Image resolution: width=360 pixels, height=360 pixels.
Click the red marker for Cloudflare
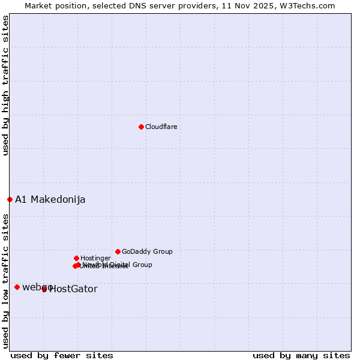tap(141, 127)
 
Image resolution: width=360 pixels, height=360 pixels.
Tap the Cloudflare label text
tap(161, 127)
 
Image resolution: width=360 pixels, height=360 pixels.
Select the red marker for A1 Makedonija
tap(10, 199)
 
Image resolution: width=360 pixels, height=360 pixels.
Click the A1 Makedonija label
tap(50, 199)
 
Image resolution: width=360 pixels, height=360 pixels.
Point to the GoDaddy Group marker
tap(118, 251)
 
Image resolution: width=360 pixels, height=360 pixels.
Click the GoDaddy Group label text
tap(147, 251)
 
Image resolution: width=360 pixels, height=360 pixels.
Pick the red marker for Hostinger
tap(76, 258)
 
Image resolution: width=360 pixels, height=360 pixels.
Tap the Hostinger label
tap(95, 258)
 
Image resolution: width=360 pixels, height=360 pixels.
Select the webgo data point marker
tap(17, 287)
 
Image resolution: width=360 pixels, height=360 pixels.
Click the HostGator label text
tap(73, 289)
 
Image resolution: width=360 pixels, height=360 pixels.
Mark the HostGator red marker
tap(44, 289)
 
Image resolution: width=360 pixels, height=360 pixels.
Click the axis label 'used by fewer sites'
tap(62, 355)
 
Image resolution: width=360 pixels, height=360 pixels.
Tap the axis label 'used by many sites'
tap(301, 355)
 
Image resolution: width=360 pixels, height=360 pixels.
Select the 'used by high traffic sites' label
tap(5, 85)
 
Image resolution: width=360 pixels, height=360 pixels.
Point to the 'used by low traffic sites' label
tap(5, 281)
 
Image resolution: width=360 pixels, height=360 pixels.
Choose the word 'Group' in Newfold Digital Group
tap(142, 265)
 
